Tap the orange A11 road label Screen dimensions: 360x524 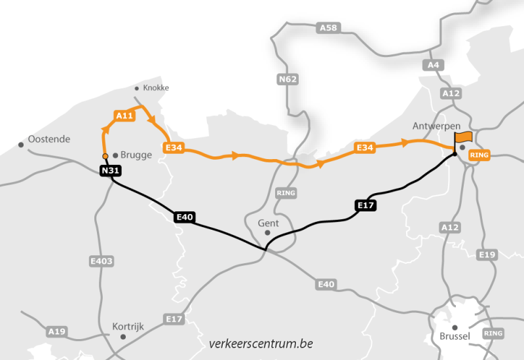pos(124,116)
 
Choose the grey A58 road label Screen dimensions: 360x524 pos(327,27)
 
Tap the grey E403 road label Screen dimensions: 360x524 pos(101,261)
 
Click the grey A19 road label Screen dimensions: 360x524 pos(56,332)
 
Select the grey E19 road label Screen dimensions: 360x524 pos(487,255)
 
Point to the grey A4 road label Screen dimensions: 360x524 pos(434,65)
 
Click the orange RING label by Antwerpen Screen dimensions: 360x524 pos(480,155)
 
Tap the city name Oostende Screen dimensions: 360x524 pos(49,139)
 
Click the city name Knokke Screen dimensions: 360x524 pos(156,88)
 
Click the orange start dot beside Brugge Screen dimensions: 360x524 pos(105,156)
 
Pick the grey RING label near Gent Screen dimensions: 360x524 pos(286,194)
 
